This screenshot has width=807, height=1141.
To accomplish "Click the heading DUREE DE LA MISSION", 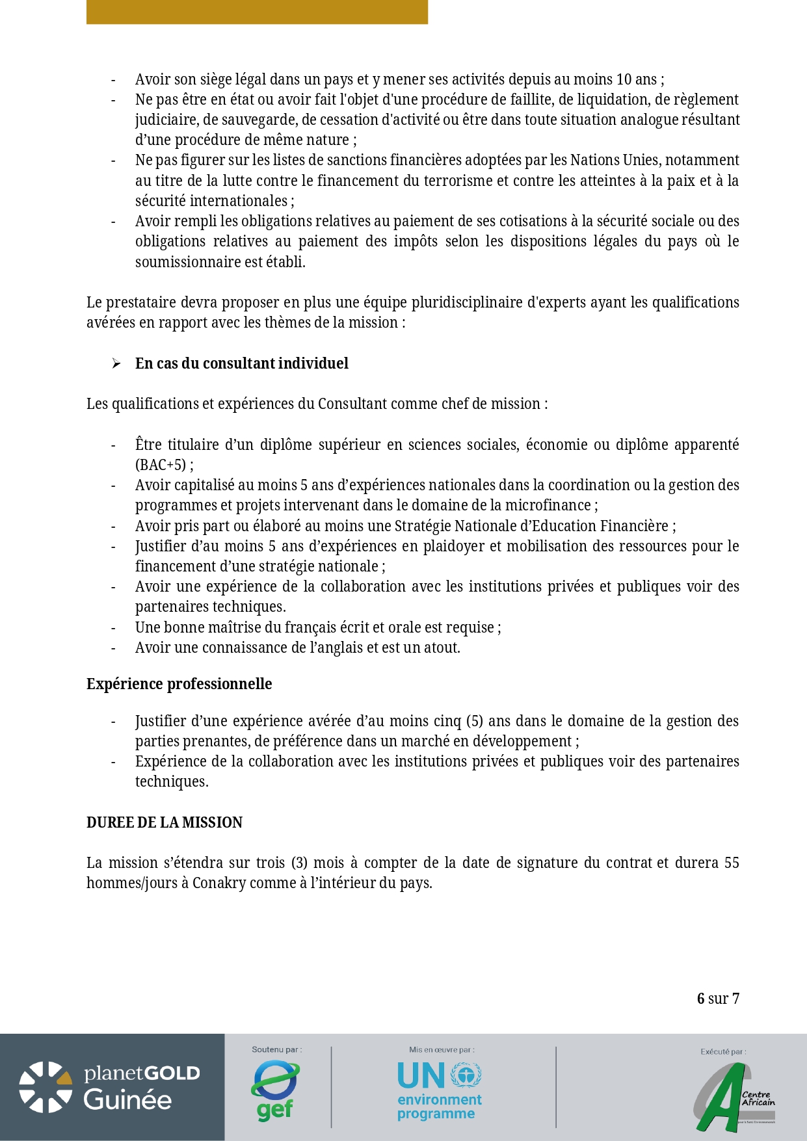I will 165,822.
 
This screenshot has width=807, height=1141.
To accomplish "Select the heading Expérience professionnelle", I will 179,684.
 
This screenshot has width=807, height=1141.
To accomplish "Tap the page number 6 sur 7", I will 718,999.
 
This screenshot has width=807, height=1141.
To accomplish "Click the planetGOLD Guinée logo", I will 111,1087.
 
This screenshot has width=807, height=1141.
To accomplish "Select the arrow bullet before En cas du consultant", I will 116,363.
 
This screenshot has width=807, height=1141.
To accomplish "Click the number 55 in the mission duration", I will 732,863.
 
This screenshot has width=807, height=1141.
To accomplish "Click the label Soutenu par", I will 276,1049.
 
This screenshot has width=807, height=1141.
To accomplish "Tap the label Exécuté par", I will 723,1051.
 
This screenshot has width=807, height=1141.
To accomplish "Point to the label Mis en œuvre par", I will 442,1049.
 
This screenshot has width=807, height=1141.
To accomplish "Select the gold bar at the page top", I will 257,12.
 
